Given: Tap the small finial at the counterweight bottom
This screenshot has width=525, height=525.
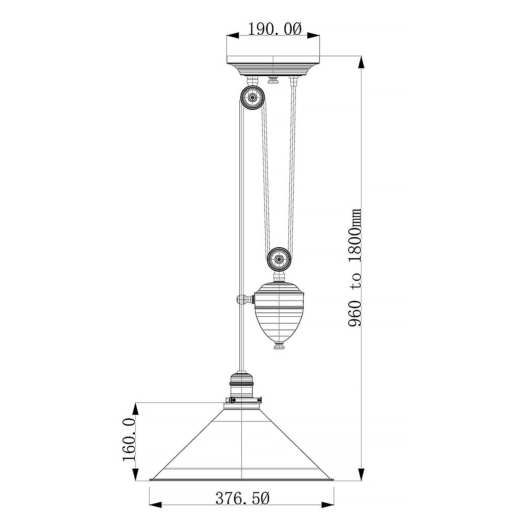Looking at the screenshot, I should [279, 347].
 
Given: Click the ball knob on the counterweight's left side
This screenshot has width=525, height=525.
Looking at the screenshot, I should [241, 300].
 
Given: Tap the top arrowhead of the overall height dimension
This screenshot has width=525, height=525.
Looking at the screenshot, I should [360, 62].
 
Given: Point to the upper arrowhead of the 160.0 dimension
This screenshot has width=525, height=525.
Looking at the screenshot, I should [136, 409].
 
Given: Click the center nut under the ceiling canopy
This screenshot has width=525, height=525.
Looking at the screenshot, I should [273, 80].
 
